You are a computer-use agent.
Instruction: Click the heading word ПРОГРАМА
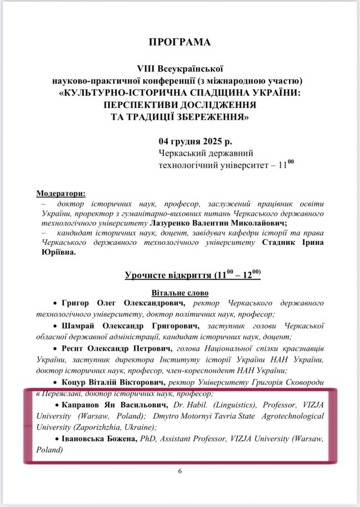coord(179,42)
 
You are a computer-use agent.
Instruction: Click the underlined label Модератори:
coord(61,194)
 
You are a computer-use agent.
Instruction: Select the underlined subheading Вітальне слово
coord(179,292)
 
